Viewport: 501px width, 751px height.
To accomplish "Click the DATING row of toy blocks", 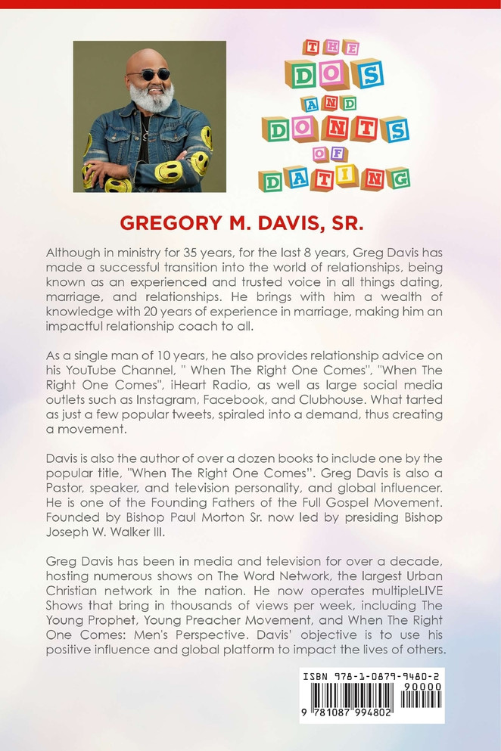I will [x=333, y=178].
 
